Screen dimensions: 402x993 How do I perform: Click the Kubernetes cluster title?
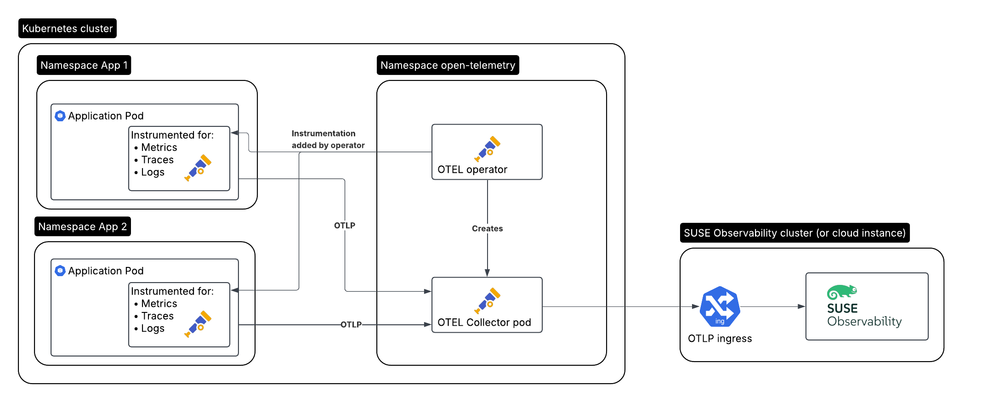pyautogui.click(x=67, y=28)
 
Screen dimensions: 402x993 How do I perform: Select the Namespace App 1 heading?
pyautogui.click(x=84, y=65)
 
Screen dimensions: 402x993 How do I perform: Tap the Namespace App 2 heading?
pyautogui.click(x=82, y=226)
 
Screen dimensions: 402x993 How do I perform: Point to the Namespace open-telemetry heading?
pyautogui.click(x=448, y=65)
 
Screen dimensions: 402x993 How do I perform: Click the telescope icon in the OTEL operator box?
pyautogui.click(x=487, y=149)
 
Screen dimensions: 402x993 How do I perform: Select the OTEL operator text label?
pyautogui.click(x=472, y=170)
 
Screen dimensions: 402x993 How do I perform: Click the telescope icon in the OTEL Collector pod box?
pyautogui.click(x=487, y=301)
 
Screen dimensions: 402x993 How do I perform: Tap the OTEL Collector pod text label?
pyautogui.click(x=484, y=323)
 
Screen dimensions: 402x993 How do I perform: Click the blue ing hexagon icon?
pyautogui.click(x=720, y=306)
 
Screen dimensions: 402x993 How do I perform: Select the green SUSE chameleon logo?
pyautogui.click(x=841, y=292)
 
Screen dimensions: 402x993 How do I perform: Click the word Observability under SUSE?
pyautogui.click(x=864, y=322)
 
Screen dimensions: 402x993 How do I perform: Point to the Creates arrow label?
pyautogui.click(x=487, y=228)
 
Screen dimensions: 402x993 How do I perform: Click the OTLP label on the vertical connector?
pyautogui.click(x=344, y=226)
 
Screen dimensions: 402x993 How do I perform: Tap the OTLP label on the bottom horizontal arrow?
pyautogui.click(x=351, y=324)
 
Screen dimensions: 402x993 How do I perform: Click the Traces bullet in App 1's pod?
pyautogui.click(x=157, y=160)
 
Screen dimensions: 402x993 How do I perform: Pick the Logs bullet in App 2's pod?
pyautogui.click(x=152, y=328)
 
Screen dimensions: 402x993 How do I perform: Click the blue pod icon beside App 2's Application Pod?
pyautogui.click(x=60, y=271)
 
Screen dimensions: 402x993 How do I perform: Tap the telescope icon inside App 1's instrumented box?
pyautogui.click(x=198, y=168)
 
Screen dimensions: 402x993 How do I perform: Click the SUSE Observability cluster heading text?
pyautogui.click(x=794, y=233)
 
